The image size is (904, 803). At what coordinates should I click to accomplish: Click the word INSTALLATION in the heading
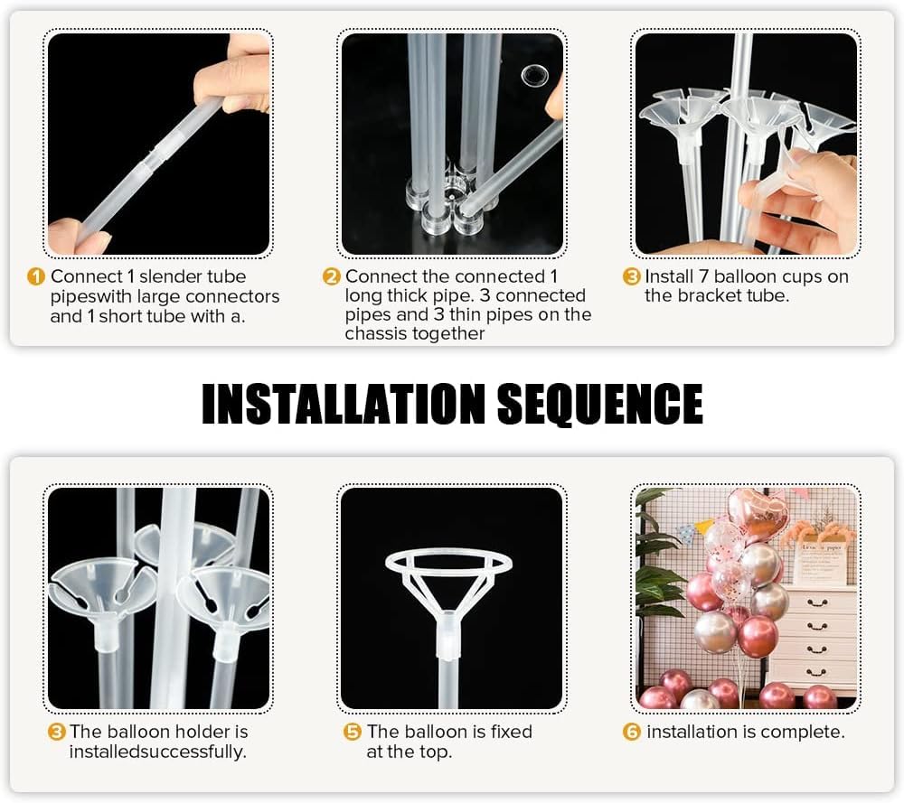point(344,404)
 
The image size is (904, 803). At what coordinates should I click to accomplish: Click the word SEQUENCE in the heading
point(599,405)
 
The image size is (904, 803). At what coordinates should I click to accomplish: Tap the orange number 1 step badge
point(36,277)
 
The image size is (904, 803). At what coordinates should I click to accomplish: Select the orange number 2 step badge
point(332,277)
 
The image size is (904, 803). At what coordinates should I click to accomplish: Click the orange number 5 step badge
point(353,733)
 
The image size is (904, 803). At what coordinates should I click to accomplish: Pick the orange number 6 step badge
point(632,733)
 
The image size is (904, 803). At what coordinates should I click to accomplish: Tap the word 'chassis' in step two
point(374,333)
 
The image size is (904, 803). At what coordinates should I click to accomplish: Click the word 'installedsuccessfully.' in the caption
point(157,752)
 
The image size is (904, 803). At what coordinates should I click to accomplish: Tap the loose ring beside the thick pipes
point(534,76)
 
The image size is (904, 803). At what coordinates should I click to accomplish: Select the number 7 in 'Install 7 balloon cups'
point(703,276)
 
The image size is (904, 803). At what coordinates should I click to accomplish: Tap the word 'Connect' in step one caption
point(87,276)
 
